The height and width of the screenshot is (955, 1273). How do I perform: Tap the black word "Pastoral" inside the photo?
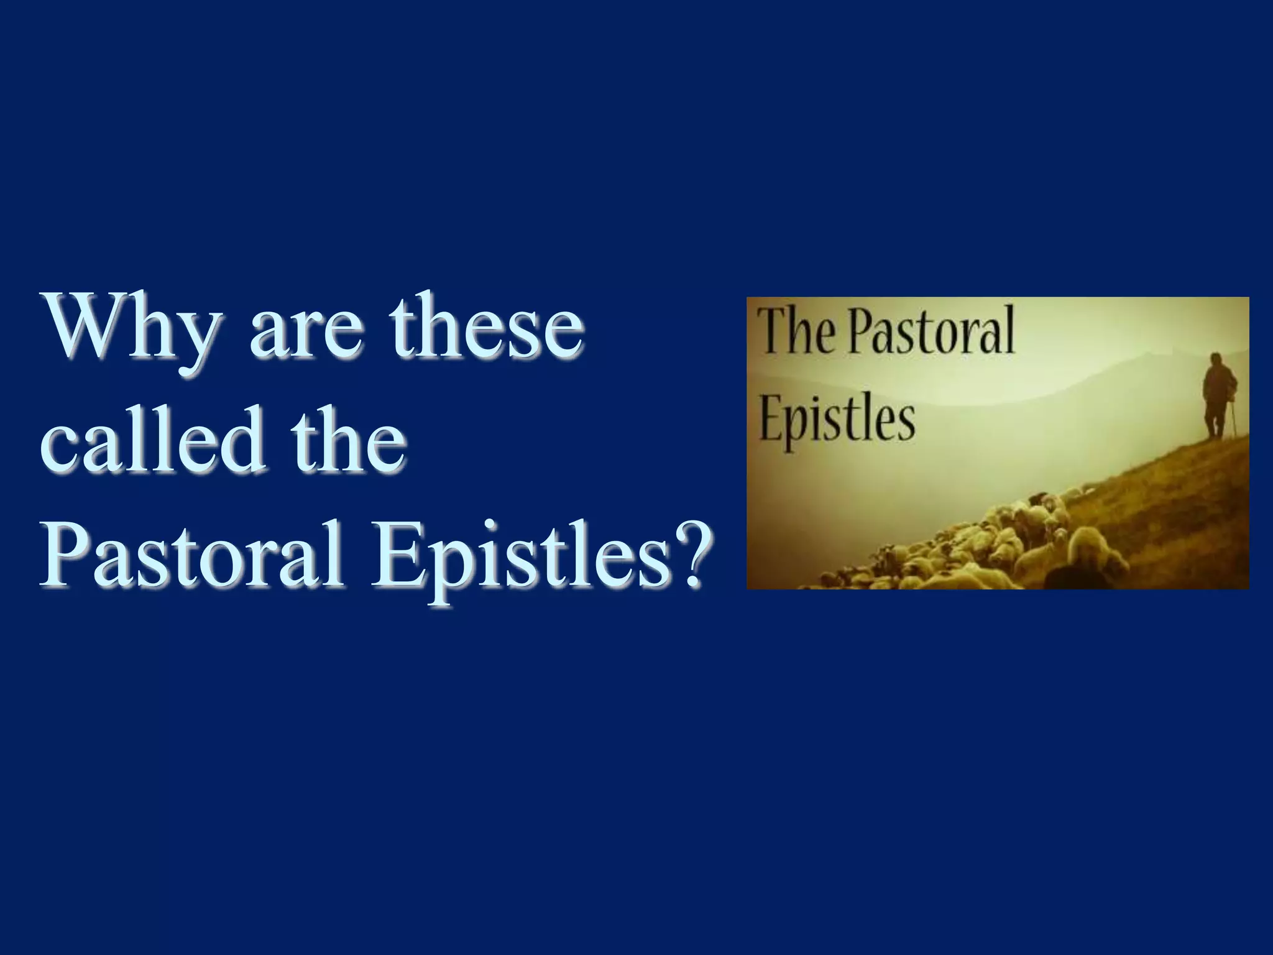932,331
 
